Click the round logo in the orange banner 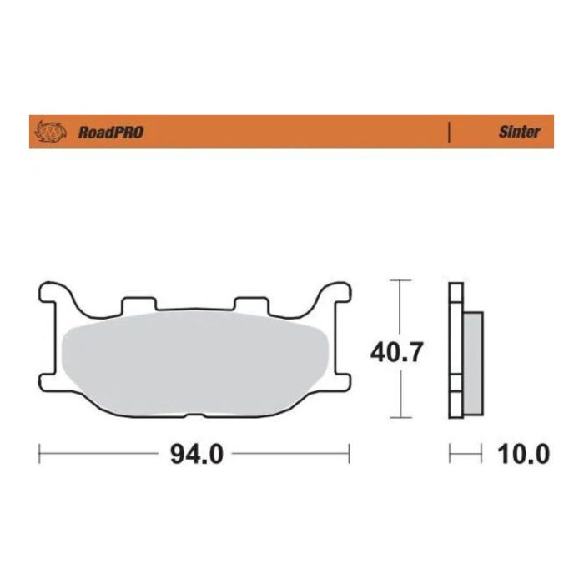(x=51, y=132)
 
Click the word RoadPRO (x=110, y=132)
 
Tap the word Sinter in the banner (x=519, y=132)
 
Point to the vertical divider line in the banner (x=450, y=132)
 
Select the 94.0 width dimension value (x=196, y=455)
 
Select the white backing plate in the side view (x=455, y=350)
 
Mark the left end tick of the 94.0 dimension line (x=40, y=455)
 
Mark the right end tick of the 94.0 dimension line (x=350, y=455)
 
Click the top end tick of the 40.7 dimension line (x=401, y=280)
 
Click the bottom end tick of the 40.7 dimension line (x=401, y=416)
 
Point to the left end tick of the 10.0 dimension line (x=450, y=455)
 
